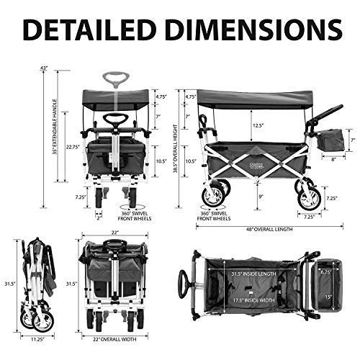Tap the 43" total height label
tap(44, 68)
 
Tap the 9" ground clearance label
tap(260, 197)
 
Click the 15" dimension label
tap(328, 297)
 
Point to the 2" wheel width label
tap(98, 219)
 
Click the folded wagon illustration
tap(36, 284)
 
